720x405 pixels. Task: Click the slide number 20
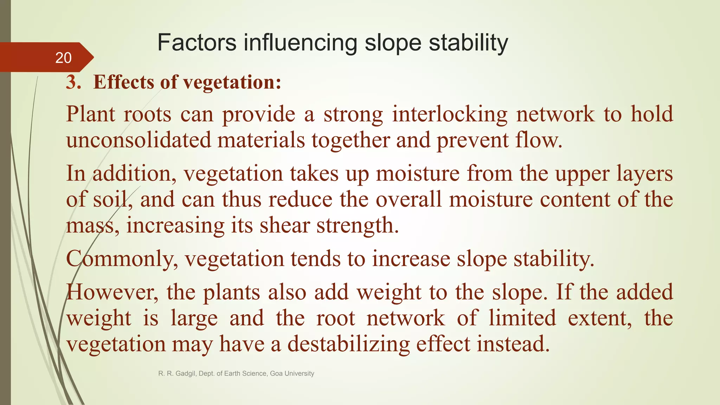pos(63,58)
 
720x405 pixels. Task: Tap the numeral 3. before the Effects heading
pos(73,82)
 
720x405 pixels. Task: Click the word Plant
pos(90,114)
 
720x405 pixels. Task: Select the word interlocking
pos(450,114)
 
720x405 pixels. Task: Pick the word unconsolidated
pos(138,140)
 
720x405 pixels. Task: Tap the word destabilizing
pos(348,344)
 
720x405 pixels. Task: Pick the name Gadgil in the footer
pos(185,373)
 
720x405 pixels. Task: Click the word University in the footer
pos(299,373)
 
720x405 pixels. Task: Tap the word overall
pos(409,199)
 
